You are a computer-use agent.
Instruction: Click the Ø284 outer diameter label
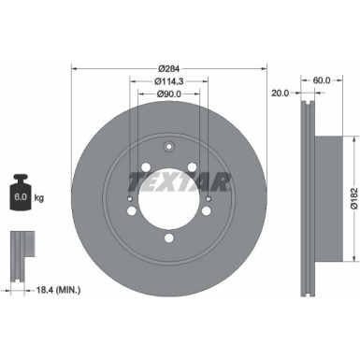[x=168, y=68]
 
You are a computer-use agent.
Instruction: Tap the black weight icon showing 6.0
[x=19, y=194]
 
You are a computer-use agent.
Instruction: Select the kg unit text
[x=39, y=198]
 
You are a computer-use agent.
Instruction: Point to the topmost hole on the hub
[x=168, y=147]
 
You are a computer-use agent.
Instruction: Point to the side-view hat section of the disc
[x=328, y=198]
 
